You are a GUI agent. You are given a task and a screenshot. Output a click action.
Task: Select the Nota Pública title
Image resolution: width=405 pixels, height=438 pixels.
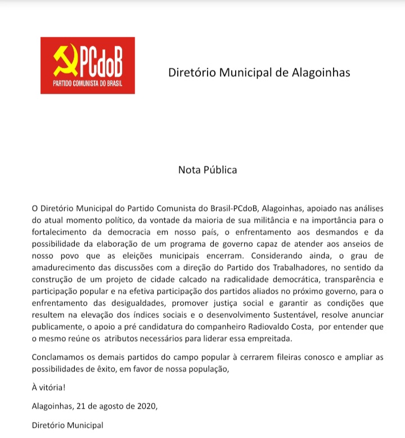click(208, 169)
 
